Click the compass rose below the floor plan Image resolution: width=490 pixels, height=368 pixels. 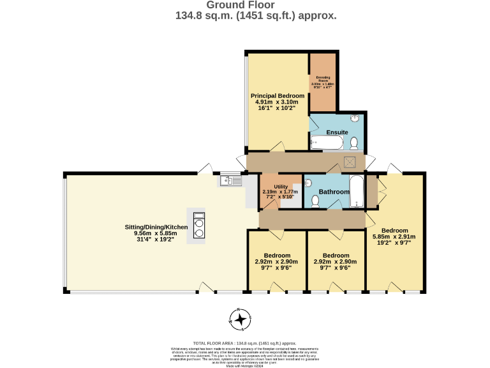[x=241, y=319]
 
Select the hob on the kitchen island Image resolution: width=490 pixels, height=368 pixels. [x=198, y=225]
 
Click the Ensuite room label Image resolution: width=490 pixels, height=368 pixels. [x=337, y=132]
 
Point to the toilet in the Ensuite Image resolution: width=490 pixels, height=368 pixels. [x=354, y=142]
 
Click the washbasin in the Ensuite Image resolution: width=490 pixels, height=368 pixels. [x=355, y=118]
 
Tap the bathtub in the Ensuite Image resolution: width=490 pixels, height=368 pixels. [x=323, y=142]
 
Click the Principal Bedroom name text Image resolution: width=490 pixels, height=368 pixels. [x=278, y=96]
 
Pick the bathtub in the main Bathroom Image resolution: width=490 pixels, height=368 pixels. [x=356, y=192]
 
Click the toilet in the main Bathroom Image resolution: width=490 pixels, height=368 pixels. [x=315, y=201]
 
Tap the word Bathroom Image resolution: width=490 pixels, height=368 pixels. [x=334, y=192]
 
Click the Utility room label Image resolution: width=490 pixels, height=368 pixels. [x=281, y=187]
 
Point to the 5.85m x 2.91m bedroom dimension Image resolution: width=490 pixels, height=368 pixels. [x=395, y=236]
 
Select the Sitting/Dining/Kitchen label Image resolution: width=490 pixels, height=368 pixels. [x=156, y=227]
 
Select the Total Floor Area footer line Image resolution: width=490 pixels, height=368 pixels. [x=245, y=343]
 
